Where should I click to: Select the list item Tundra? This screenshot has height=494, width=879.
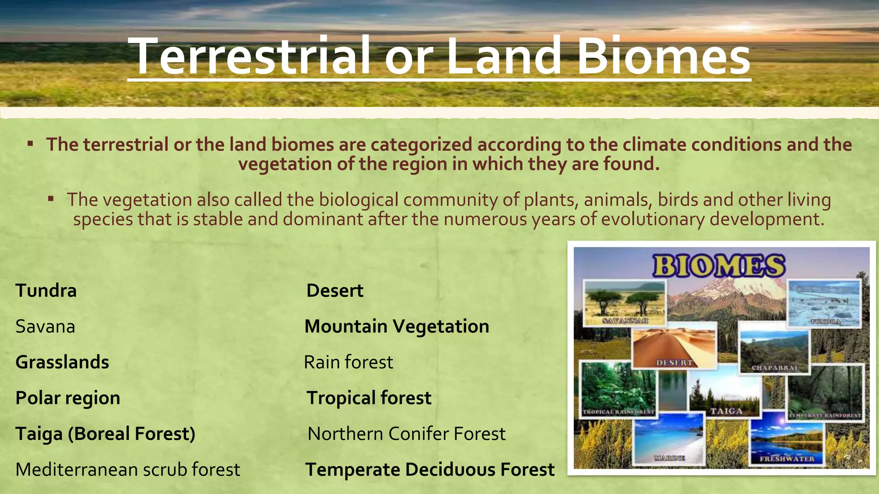tap(46, 291)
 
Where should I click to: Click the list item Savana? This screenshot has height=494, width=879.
tap(45, 327)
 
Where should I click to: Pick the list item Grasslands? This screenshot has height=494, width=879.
tap(62, 362)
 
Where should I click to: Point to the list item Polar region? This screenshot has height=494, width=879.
tap(68, 398)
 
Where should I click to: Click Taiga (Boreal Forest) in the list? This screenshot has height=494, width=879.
tap(106, 434)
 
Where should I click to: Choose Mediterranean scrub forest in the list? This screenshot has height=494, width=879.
tap(127, 470)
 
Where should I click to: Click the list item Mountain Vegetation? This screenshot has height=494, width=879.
tap(397, 327)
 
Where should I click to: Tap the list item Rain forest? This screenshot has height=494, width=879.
tap(348, 362)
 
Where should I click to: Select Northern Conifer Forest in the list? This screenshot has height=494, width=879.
tap(406, 434)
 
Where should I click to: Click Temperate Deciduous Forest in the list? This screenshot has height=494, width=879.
tap(430, 470)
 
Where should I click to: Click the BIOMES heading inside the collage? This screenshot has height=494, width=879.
tap(719, 266)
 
